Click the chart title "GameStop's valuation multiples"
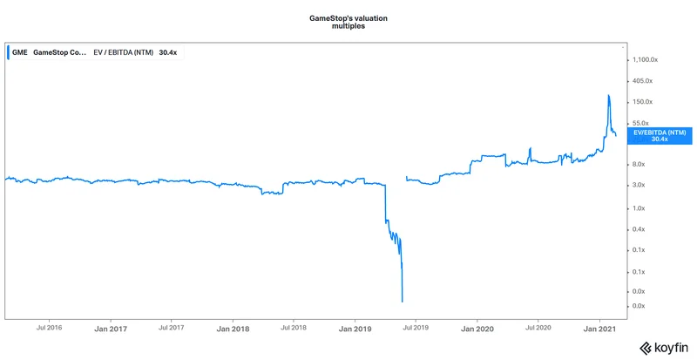pos(348,22)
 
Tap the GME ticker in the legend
pos(20,52)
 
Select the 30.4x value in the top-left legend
pos(169,52)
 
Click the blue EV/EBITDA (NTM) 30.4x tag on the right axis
pos(659,135)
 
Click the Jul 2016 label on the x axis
pos(49,328)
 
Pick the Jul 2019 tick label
pos(416,328)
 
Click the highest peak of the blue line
pos(608,95)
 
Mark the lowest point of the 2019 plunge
pos(402,302)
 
